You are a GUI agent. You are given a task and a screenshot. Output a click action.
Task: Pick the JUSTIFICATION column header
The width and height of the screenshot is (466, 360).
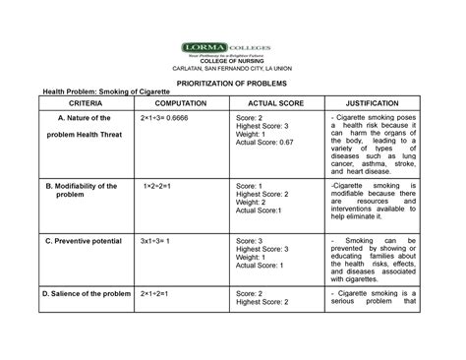tap(379, 103)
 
